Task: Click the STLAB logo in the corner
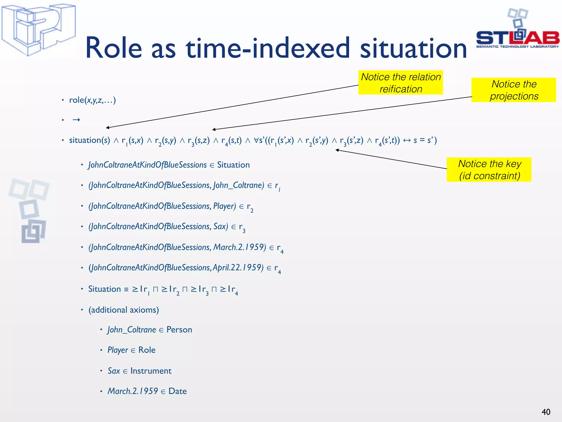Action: point(517,33)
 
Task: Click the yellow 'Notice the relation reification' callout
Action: point(400,82)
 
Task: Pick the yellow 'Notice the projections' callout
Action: point(513,90)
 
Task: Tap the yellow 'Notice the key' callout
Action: point(489,170)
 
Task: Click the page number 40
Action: point(546,412)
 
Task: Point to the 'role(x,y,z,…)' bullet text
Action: point(92,100)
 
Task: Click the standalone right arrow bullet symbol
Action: point(76,120)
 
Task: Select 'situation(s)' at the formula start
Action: point(89,140)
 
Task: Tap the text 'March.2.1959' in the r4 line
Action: point(239,247)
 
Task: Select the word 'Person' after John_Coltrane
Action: point(179,329)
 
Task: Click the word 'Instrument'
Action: point(151,371)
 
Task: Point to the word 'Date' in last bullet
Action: point(178,391)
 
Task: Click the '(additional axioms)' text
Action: point(123,310)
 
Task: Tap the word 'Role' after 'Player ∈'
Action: point(147,350)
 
